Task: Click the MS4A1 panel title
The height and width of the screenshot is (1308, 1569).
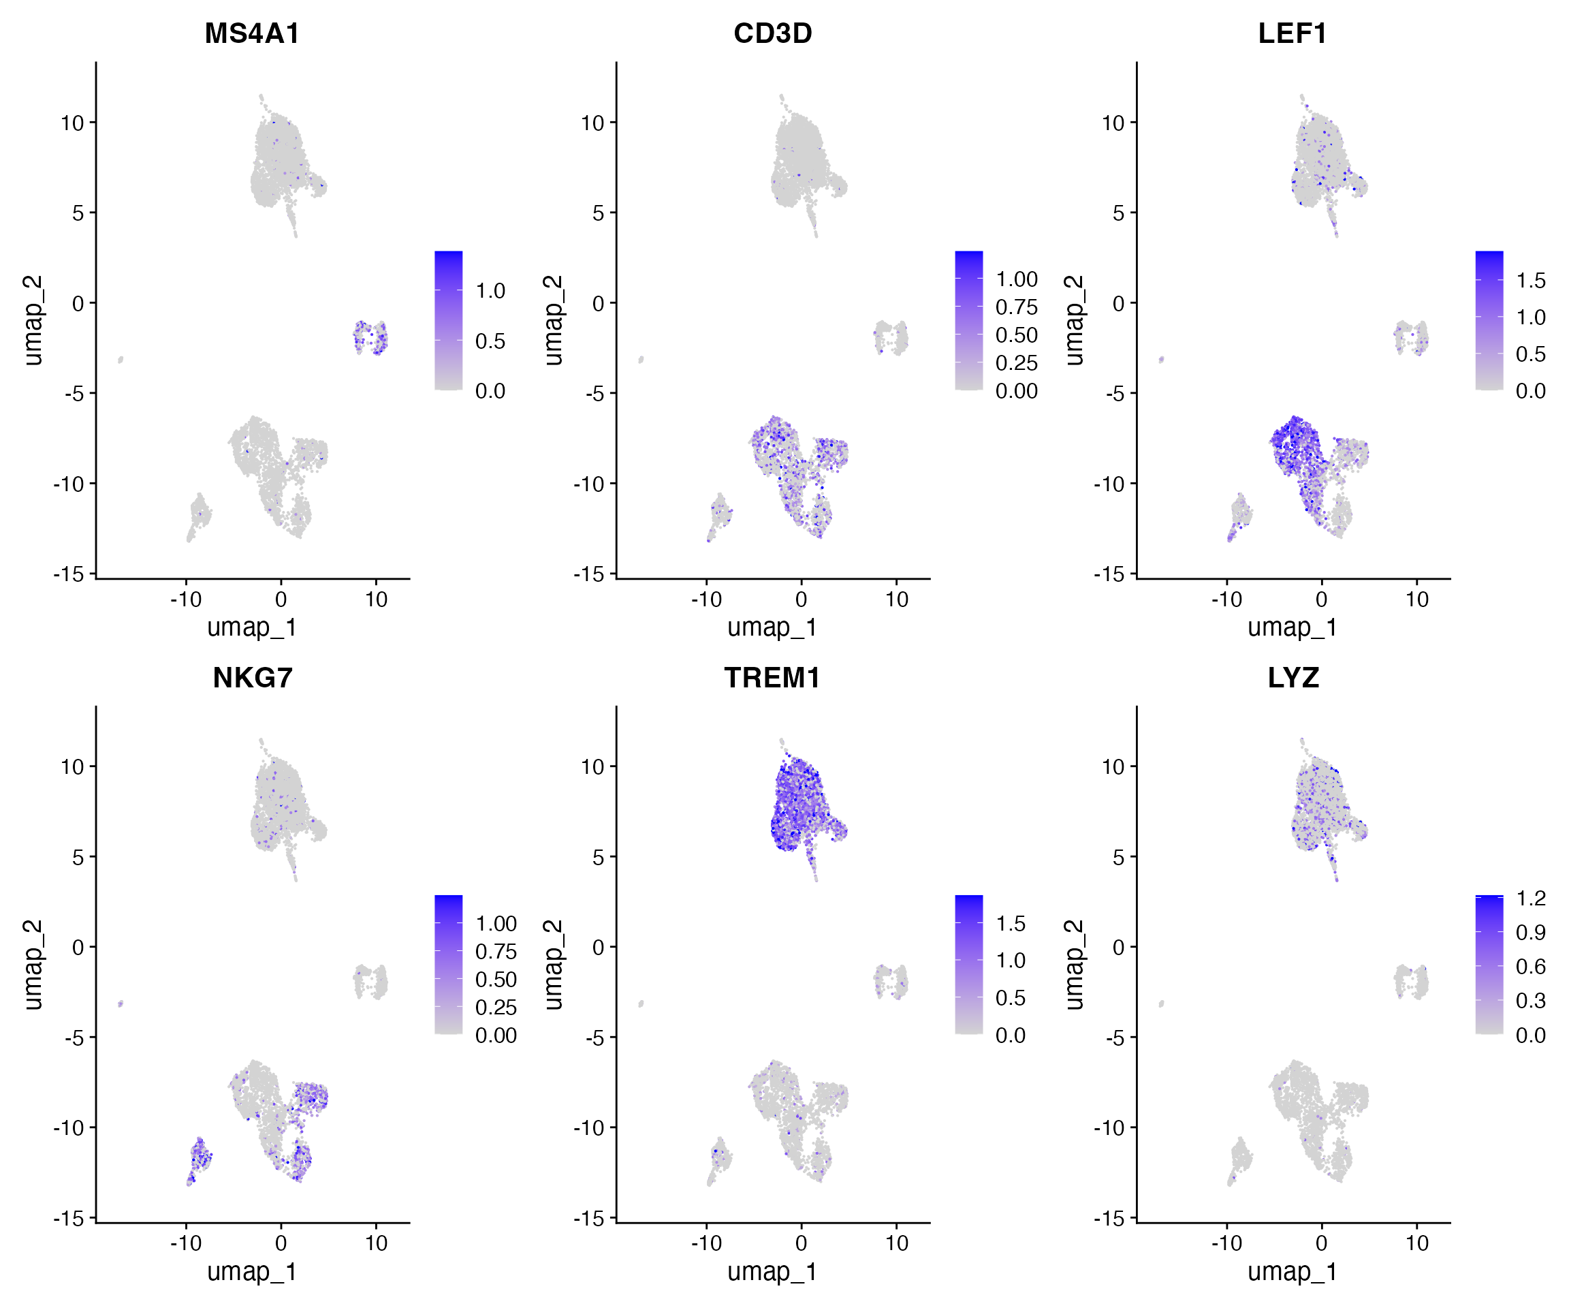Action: coord(252,33)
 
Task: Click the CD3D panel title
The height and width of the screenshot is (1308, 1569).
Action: coord(772,33)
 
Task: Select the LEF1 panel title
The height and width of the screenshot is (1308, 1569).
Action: coord(1293,33)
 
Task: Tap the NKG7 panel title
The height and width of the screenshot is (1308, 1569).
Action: coord(252,678)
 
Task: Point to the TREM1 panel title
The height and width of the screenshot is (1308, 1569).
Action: coord(772,678)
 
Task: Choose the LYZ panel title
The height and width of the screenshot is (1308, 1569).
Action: coord(1293,678)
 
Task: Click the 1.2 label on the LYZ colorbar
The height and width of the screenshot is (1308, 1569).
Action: coord(1530,899)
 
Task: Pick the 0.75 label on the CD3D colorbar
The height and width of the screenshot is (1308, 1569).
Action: coord(1016,307)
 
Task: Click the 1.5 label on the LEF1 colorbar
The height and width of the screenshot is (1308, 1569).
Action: coord(1530,281)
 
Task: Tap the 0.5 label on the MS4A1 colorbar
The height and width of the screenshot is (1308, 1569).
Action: coord(490,341)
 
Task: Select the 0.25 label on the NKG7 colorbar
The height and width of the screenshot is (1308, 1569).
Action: coord(495,1008)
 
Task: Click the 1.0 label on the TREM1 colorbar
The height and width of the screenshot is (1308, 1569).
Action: coord(1010,961)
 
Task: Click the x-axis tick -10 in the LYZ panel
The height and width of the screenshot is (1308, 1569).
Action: coord(1226,1243)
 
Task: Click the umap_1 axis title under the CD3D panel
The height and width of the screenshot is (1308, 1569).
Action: coord(772,627)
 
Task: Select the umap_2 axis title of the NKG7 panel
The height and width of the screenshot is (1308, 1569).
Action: coord(33,964)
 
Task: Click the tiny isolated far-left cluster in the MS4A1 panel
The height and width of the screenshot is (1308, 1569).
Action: coord(120,360)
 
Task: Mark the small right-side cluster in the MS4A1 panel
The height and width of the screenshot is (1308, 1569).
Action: coord(370,337)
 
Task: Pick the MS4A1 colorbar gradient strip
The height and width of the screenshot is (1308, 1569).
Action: coord(448,320)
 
